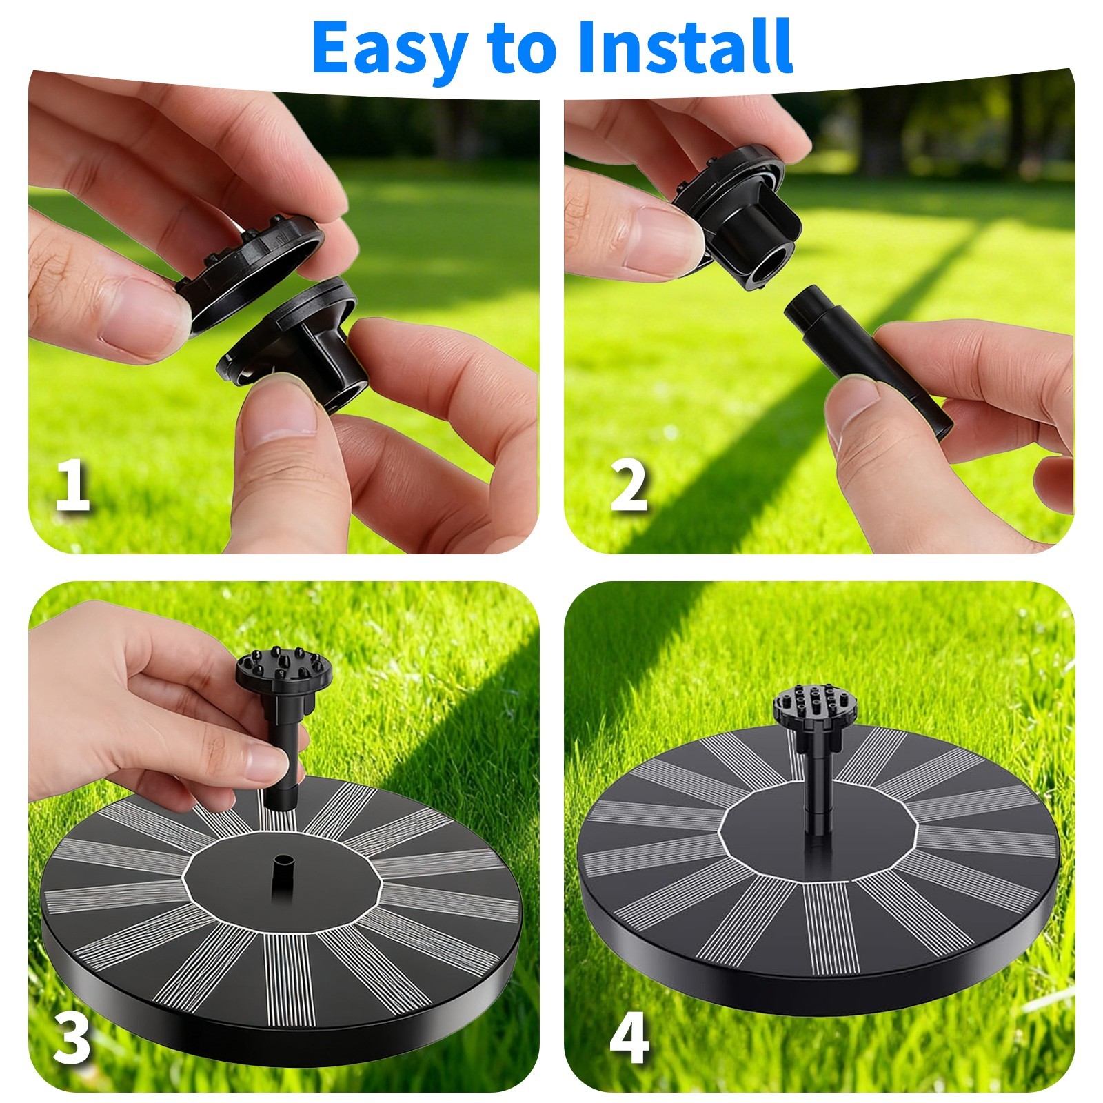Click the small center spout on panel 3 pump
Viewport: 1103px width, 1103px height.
pos(283,873)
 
